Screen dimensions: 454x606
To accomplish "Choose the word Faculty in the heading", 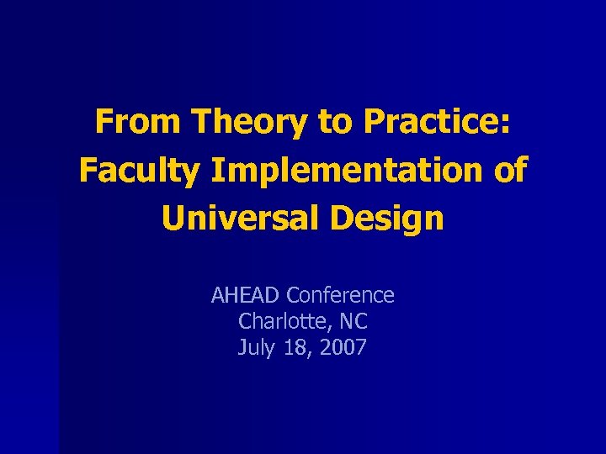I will coord(138,171).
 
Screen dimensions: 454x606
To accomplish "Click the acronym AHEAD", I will coord(246,295).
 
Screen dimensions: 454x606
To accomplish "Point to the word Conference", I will coord(340,295).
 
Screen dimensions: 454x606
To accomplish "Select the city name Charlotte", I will coord(279,321).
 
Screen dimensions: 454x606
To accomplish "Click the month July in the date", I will coord(256,347).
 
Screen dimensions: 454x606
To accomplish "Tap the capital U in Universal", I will coord(173,219).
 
